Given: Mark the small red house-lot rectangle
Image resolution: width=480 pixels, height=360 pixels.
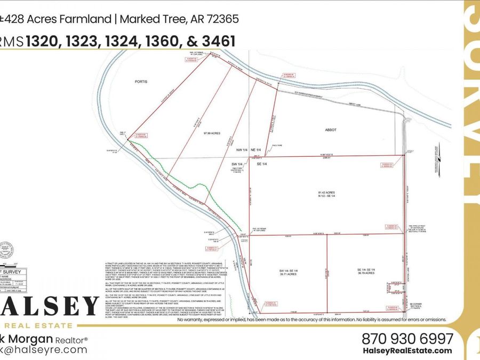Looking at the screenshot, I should [x=395, y=288].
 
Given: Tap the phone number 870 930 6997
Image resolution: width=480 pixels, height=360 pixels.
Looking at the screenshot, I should [x=407, y=339].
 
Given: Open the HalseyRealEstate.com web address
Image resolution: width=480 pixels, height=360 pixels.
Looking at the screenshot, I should [x=407, y=350].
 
